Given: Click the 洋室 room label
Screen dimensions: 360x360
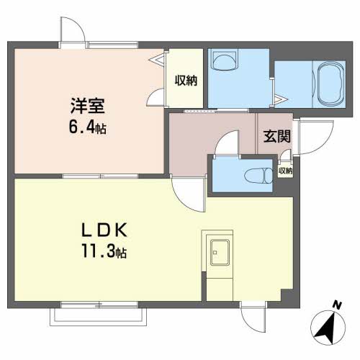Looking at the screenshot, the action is pyautogui.click(x=88, y=106).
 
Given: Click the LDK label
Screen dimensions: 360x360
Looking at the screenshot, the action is pyautogui.click(x=104, y=230).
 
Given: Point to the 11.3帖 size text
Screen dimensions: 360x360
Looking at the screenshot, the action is pyautogui.click(x=104, y=251).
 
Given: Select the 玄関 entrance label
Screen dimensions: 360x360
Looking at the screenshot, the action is pyautogui.click(x=277, y=136).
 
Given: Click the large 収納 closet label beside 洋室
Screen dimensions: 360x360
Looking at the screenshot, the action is pyautogui.click(x=186, y=81).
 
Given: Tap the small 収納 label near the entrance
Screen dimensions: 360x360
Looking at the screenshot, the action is pyautogui.click(x=285, y=171).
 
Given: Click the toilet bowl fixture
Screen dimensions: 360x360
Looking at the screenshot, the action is pyautogui.click(x=258, y=176).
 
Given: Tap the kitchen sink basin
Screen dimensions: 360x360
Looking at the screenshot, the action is pyautogui.click(x=220, y=252).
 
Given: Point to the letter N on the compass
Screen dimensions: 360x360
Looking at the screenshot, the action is pyautogui.click(x=337, y=305).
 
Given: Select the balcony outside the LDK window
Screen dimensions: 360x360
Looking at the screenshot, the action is pyautogui.click(x=98, y=317).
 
